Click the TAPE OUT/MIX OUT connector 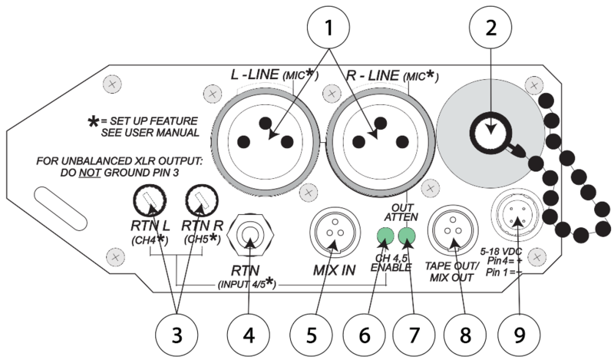(x=453, y=233)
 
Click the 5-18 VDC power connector (x=517, y=221)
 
